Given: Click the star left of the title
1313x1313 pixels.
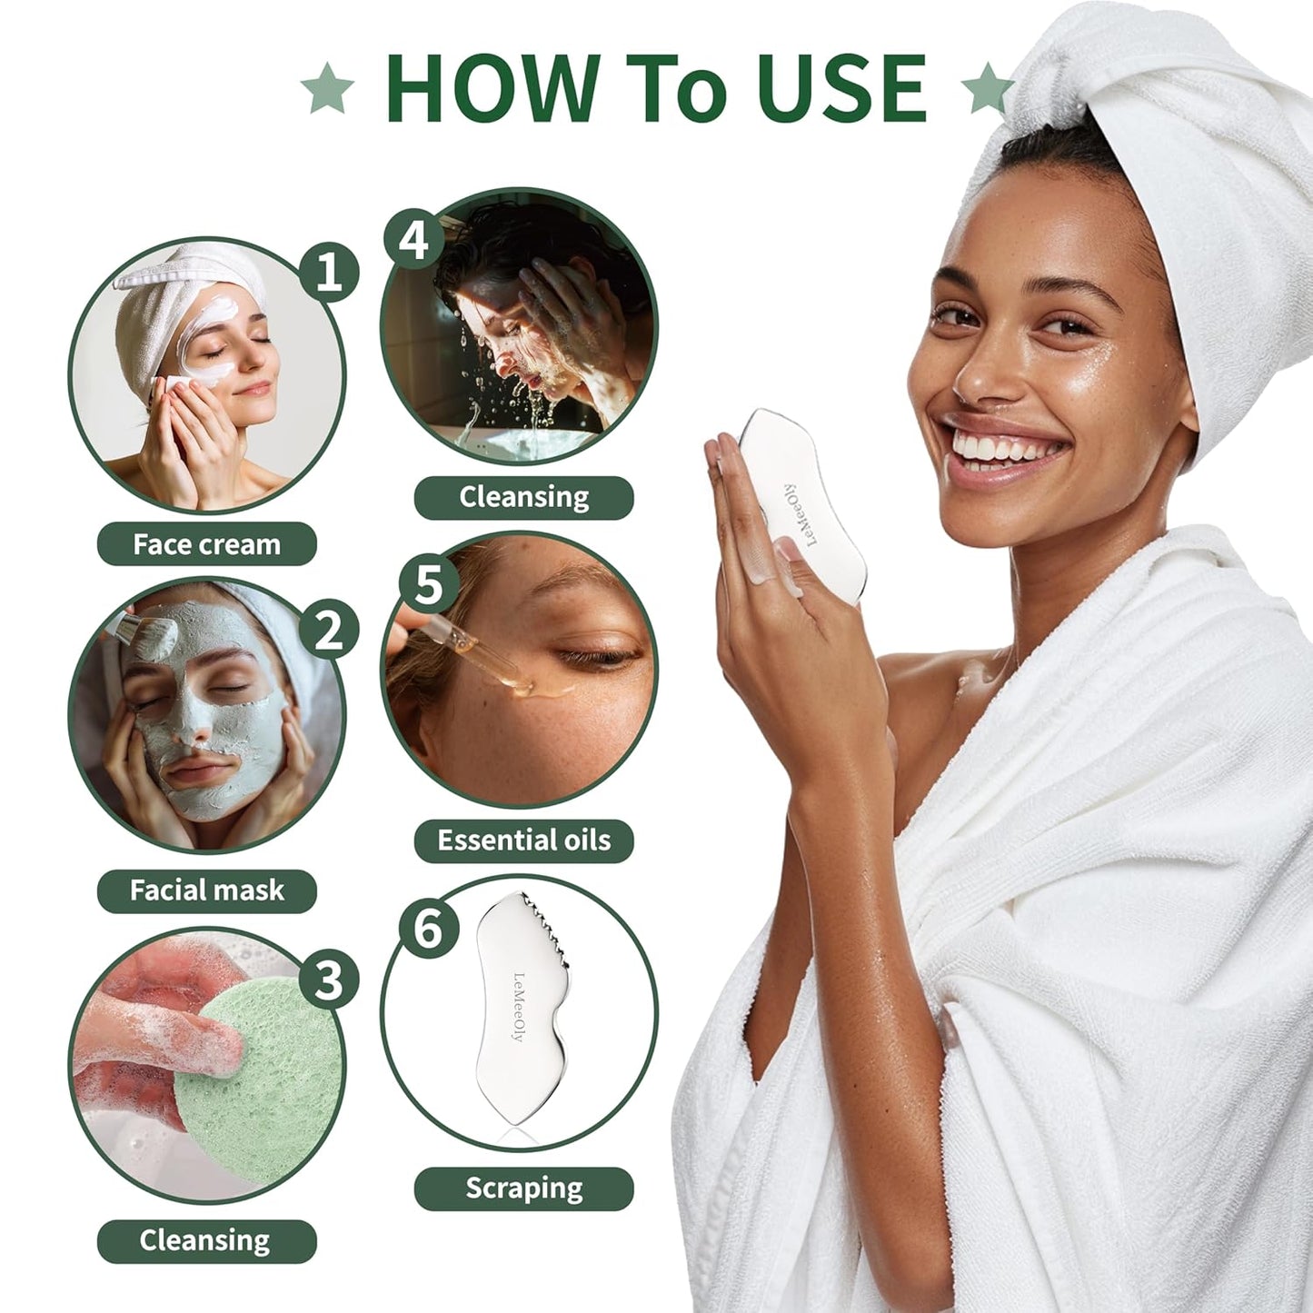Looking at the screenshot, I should (x=328, y=90).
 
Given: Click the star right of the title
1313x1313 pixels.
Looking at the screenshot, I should (x=987, y=90).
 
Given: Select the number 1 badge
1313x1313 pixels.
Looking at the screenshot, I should (x=329, y=271).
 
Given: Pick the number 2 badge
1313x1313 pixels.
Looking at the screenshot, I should (x=329, y=630).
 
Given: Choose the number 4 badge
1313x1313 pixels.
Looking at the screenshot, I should (x=413, y=241).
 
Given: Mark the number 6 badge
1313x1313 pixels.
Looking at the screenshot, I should (x=427, y=929).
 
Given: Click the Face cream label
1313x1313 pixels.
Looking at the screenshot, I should (x=206, y=544).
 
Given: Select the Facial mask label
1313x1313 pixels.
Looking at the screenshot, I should (x=206, y=890).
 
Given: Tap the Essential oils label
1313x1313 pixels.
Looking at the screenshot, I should (x=523, y=841).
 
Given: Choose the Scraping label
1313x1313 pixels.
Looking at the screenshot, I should (x=523, y=1189).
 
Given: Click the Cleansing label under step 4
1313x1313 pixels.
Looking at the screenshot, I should (x=523, y=497).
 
